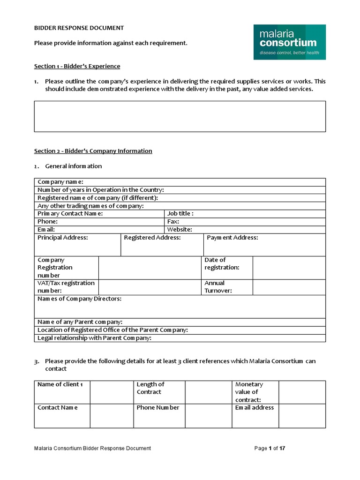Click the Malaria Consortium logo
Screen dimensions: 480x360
(289, 42)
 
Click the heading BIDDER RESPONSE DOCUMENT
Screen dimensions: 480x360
(79, 28)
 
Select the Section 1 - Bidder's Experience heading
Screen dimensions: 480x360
(77, 66)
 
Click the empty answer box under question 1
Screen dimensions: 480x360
(180, 116)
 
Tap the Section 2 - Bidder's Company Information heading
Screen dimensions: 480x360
(93, 151)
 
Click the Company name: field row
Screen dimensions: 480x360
(180, 182)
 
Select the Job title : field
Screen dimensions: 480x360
(245, 214)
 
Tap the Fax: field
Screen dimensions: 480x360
(245, 222)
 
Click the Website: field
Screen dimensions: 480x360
(245, 230)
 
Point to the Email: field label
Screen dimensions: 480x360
(46, 230)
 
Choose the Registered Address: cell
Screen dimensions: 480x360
(162, 245)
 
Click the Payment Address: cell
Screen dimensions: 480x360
(264, 245)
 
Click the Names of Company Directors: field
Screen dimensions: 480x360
(180, 307)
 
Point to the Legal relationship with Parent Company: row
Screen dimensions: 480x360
(180, 338)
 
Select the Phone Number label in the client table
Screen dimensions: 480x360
(158, 408)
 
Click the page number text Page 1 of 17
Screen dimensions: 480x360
(270, 449)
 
